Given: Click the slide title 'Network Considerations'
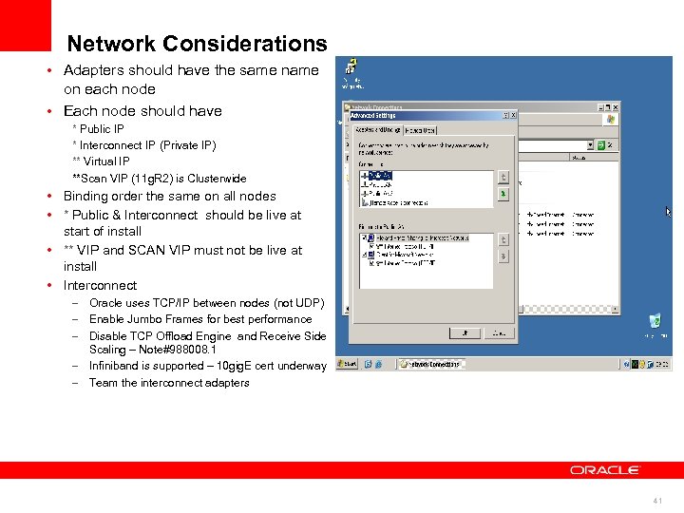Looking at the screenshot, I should (197, 44).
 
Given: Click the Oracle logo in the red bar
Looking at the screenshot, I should (605, 469).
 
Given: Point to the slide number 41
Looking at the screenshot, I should (657, 501).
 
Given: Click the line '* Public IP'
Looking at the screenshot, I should (99, 129).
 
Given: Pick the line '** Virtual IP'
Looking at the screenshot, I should (101, 161).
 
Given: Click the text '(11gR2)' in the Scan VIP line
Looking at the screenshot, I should (158, 179).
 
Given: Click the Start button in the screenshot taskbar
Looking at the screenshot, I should (350, 364).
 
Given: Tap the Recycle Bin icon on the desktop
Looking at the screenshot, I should (654, 322).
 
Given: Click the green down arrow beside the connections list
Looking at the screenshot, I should (503, 194).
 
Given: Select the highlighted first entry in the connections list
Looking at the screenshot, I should (379, 176).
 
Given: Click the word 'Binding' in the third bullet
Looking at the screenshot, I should (85, 197).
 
